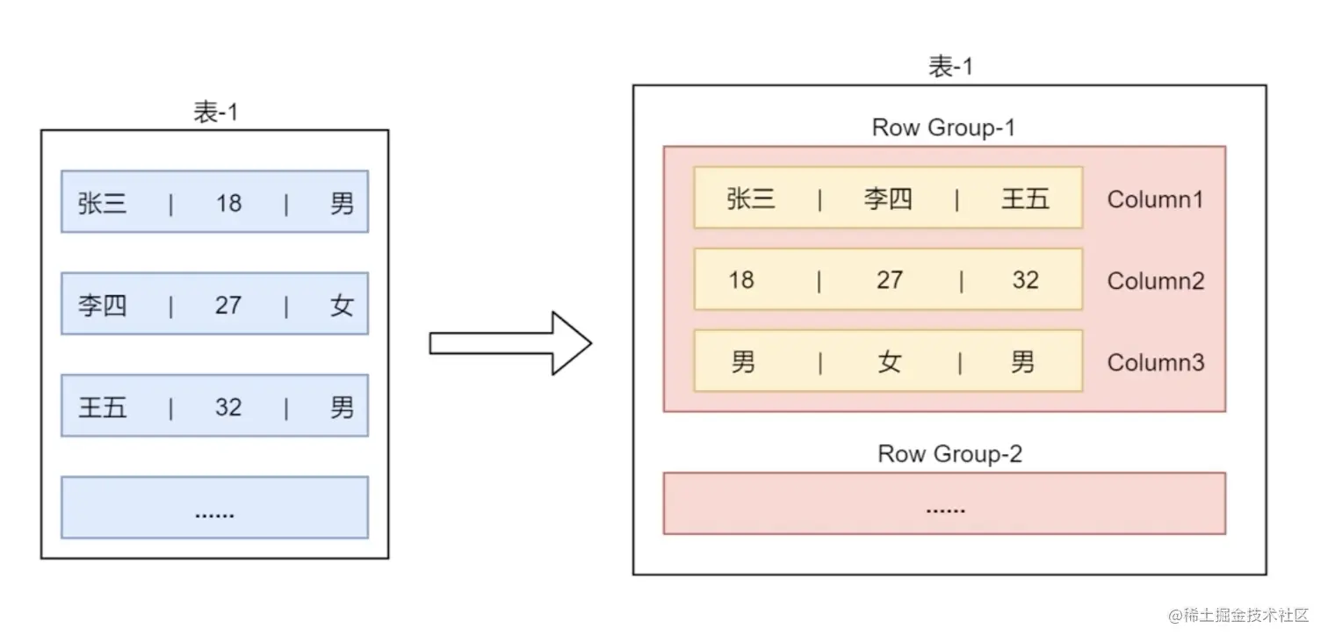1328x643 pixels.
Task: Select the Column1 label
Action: click(x=1155, y=199)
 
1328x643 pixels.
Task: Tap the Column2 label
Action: click(x=1155, y=281)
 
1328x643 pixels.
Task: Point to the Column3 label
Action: click(x=1155, y=362)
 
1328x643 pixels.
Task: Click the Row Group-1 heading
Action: click(x=943, y=127)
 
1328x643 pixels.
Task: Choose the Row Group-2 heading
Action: click(x=949, y=454)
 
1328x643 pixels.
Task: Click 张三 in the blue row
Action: click(x=103, y=203)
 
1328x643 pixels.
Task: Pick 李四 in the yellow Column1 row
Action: click(x=888, y=199)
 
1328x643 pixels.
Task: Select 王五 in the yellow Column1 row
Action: click(x=1025, y=199)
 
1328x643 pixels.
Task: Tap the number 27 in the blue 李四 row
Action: click(x=228, y=305)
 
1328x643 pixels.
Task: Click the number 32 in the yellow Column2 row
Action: click(x=1025, y=280)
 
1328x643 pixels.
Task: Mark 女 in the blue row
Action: click(x=342, y=305)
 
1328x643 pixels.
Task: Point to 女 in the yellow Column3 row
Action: click(x=889, y=362)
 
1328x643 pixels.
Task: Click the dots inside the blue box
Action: click(x=214, y=513)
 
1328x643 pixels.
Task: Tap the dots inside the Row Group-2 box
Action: click(x=945, y=509)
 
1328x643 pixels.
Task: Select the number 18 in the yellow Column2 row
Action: click(x=741, y=280)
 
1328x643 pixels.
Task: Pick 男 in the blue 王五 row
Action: click(x=342, y=407)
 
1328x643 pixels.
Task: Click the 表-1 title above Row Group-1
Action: click(x=950, y=68)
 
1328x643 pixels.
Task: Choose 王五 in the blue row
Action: click(x=103, y=407)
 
